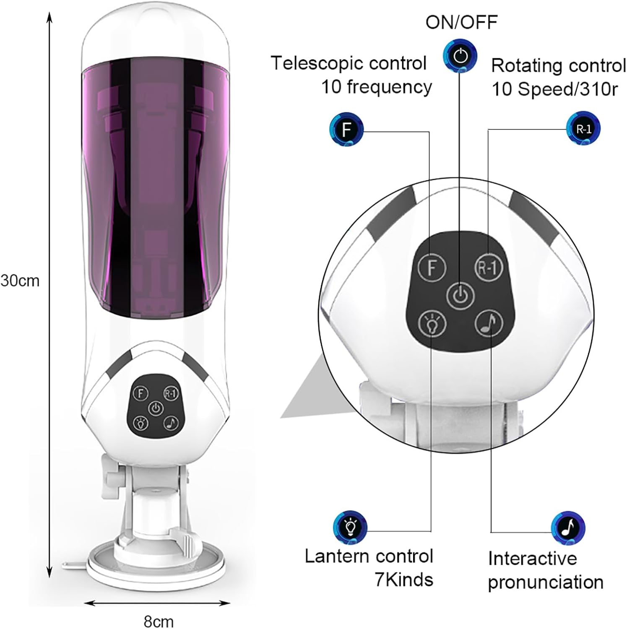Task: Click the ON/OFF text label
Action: coord(461,22)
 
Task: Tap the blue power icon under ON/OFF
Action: coord(460,56)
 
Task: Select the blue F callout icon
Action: coord(346,129)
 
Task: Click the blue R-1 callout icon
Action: coord(583,128)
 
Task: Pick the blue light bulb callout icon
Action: coord(350,527)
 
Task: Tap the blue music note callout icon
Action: coord(568,528)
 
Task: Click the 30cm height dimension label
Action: coord(20,281)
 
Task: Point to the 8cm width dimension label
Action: coord(158,621)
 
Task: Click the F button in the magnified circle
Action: coord(432,268)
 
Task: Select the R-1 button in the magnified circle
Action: coord(488,267)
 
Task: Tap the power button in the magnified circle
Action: coord(460,296)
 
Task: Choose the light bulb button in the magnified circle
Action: coord(432,323)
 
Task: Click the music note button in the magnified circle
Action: coord(489,323)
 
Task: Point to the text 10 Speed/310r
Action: coord(554,89)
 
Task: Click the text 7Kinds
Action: coord(403,580)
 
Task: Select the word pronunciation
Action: coord(545,582)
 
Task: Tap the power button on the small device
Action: coord(156,408)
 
